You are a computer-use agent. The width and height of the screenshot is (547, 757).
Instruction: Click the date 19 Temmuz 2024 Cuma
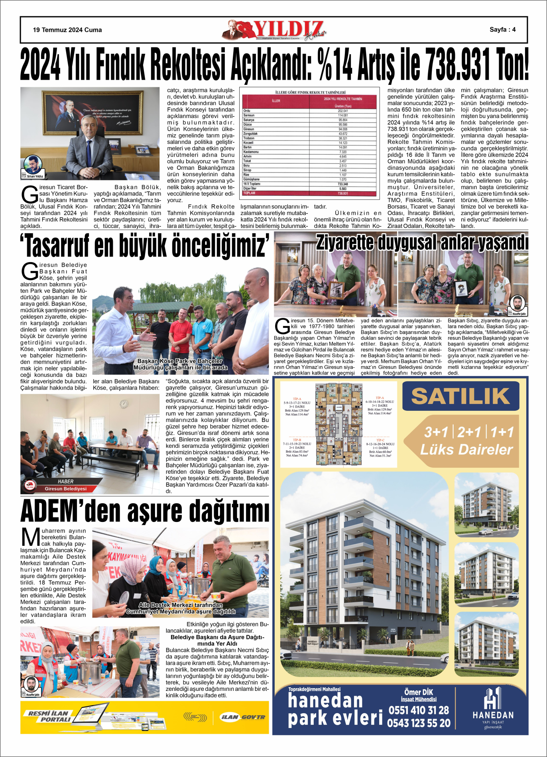pyautogui.click(x=67, y=30)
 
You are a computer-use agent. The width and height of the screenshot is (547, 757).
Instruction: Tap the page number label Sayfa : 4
pyautogui.click(x=502, y=29)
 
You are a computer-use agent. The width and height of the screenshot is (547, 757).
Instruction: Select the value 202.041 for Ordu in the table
pyautogui.click(x=342, y=111)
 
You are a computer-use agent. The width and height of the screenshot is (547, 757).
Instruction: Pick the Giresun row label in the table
pyautogui.click(x=248, y=129)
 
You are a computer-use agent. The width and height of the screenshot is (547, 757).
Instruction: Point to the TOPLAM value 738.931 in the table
pyautogui.click(x=342, y=193)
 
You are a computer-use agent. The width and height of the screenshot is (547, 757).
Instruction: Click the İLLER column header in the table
pyautogui.click(x=276, y=101)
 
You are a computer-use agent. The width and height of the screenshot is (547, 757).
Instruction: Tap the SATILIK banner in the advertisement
pyautogui.click(x=460, y=396)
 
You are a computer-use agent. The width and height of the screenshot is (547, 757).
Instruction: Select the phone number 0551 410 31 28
pyautogui.click(x=419, y=710)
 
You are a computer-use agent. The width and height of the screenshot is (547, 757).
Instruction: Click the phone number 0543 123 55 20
pyautogui.click(x=419, y=723)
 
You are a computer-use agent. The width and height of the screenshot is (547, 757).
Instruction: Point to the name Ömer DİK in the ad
pyautogui.click(x=419, y=692)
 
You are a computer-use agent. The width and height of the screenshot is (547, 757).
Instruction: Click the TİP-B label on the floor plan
pyautogui.click(x=297, y=440)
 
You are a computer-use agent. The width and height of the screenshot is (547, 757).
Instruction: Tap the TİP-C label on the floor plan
pyautogui.click(x=380, y=440)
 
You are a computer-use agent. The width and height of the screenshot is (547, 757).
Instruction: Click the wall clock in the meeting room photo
pyautogui.click(x=124, y=404)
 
